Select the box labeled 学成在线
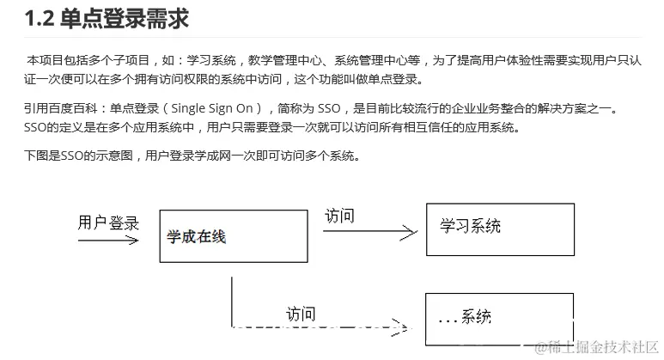(231, 235)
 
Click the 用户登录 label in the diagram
(108, 223)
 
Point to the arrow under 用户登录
(108, 241)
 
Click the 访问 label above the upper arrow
(339, 215)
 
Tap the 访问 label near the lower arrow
(301, 314)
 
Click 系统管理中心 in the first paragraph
(359, 61)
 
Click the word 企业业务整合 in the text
(495, 110)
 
